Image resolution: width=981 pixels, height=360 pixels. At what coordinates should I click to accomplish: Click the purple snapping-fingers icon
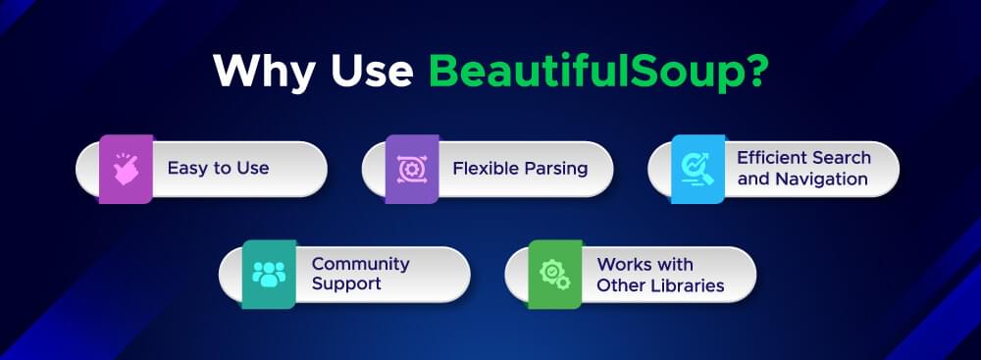[x=126, y=169]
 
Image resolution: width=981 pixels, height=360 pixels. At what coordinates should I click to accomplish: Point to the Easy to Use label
[x=218, y=169]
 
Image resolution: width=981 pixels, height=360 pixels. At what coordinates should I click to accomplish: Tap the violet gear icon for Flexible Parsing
[x=411, y=169]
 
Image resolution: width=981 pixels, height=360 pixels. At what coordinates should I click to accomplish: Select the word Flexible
[x=483, y=169]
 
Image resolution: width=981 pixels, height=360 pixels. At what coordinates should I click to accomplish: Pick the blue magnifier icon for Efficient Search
[x=697, y=169]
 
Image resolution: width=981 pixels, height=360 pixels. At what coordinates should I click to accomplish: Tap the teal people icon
[x=269, y=274]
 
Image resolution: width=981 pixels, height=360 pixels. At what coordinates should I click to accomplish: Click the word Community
[x=360, y=264]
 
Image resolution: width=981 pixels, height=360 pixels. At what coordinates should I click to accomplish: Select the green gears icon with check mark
[x=555, y=274]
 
